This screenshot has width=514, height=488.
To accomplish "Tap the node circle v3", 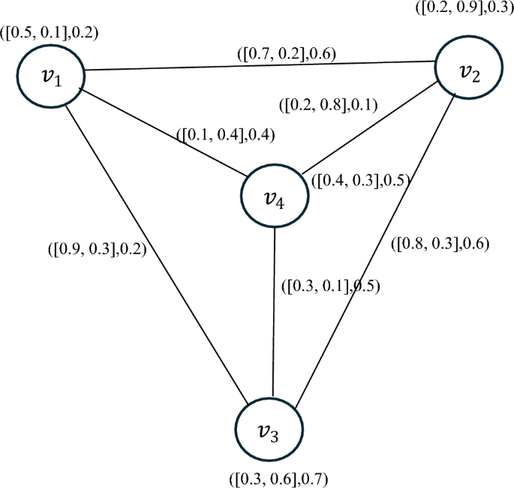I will coord(271,432).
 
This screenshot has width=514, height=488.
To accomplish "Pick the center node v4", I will coord(274,197).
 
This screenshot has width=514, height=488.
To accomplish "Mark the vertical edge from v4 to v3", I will coord(273,315).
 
